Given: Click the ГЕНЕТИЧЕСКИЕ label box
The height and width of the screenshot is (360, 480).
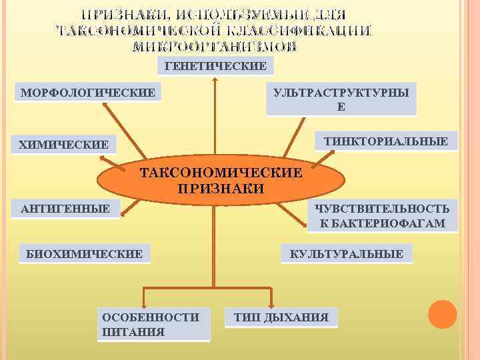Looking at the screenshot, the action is (x=215, y=65).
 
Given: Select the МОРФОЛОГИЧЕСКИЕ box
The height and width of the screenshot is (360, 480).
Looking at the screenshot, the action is (x=88, y=91).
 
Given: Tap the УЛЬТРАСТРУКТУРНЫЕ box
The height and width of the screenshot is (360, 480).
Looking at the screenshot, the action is (x=341, y=99).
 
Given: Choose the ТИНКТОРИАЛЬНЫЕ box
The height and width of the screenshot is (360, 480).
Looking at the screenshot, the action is (x=385, y=141).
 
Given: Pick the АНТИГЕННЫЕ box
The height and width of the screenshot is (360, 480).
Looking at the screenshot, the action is (x=65, y=209).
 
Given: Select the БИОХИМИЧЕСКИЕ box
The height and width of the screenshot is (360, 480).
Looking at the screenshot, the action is (x=84, y=253).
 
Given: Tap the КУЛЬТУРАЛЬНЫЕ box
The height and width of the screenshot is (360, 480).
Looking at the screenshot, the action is (x=346, y=253).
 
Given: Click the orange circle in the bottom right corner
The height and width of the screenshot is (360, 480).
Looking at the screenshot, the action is (x=442, y=314).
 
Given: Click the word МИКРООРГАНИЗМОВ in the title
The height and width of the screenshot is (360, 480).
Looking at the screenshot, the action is (x=215, y=47).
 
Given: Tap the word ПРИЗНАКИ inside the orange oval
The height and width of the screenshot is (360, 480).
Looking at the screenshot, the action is (x=221, y=189).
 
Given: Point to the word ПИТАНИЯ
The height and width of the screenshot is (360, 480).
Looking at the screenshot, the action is (x=134, y=331).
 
